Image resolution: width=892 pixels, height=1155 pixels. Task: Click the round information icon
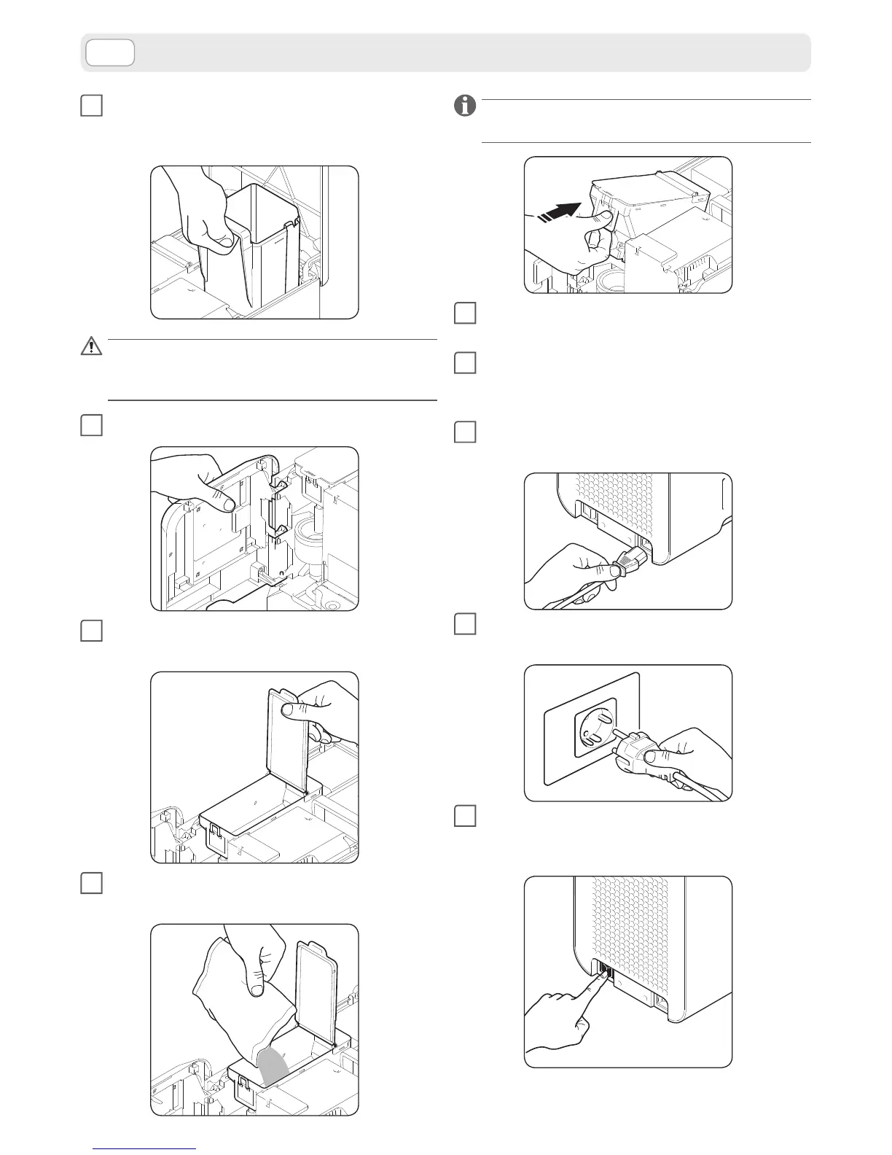(x=464, y=106)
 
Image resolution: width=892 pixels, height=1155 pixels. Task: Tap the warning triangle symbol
(x=91, y=346)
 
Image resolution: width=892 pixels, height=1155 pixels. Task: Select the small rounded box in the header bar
(x=110, y=52)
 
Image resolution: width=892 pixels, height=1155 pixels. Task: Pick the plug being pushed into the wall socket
(x=641, y=757)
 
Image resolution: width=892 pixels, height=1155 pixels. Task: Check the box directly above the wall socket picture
(x=465, y=624)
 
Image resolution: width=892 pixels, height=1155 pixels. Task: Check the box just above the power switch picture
(x=465, y=815)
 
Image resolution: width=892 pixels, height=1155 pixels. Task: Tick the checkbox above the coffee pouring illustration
(x=91, y=883)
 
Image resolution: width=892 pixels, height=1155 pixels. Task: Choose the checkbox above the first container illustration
(x=91, y=106)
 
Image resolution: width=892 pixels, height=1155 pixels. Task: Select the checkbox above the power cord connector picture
(x=465, y=432)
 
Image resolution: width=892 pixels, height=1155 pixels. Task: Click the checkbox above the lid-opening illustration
(x=91, y=631)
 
